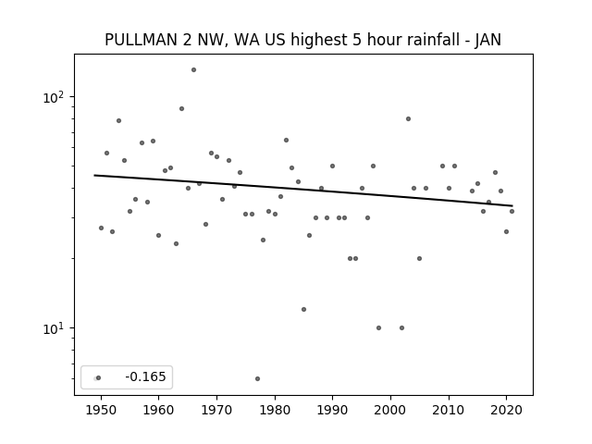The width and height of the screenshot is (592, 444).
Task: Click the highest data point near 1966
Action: point(193,70)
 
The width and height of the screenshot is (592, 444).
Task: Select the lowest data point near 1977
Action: point(257,378)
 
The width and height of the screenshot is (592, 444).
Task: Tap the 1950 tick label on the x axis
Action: point(101,410)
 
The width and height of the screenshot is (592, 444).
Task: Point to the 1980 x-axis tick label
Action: point(275,410)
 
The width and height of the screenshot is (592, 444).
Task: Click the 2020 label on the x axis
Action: point(507,410)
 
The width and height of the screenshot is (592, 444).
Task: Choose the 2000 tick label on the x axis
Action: point(390,410)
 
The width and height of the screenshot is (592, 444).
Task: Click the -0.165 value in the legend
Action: point(145,376)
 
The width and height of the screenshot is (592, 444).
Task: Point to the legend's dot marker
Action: point(98,378)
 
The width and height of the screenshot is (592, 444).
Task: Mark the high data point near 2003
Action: point(408,119)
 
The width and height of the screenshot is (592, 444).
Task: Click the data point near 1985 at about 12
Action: point(304,310)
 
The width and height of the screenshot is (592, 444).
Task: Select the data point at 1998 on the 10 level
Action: point(378,328)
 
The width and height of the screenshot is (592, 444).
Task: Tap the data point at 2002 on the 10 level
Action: point(401,328)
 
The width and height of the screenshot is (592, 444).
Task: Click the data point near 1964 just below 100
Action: point(181,109)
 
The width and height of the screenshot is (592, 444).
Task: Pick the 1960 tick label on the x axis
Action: point(158,410)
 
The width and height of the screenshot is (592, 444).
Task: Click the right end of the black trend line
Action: point(512,205)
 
